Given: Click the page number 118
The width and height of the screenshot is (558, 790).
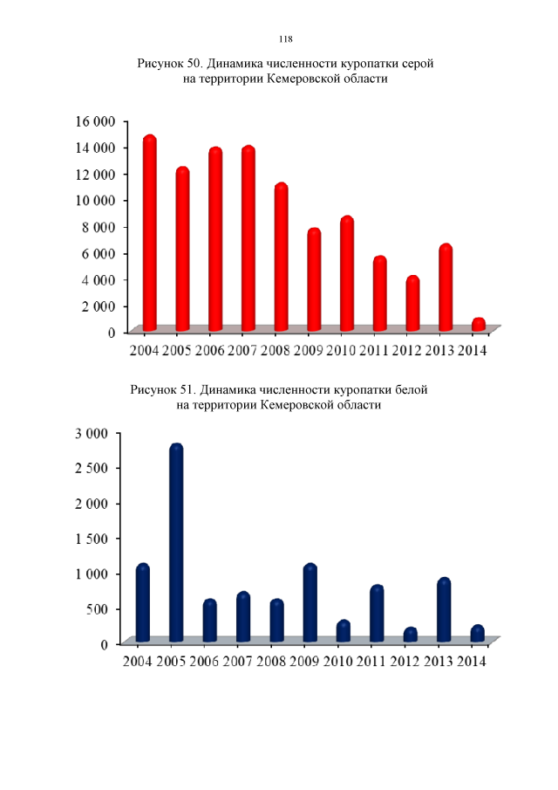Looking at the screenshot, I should point(285,39).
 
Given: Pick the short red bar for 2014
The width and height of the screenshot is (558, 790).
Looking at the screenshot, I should point(479,325).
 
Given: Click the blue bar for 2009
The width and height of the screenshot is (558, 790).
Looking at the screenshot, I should point(310,603).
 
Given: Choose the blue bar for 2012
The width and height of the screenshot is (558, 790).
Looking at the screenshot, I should point(410,635).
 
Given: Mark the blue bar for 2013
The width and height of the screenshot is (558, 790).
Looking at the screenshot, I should point(444,610).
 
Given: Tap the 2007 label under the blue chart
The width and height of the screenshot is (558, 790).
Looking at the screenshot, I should point(238,662).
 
